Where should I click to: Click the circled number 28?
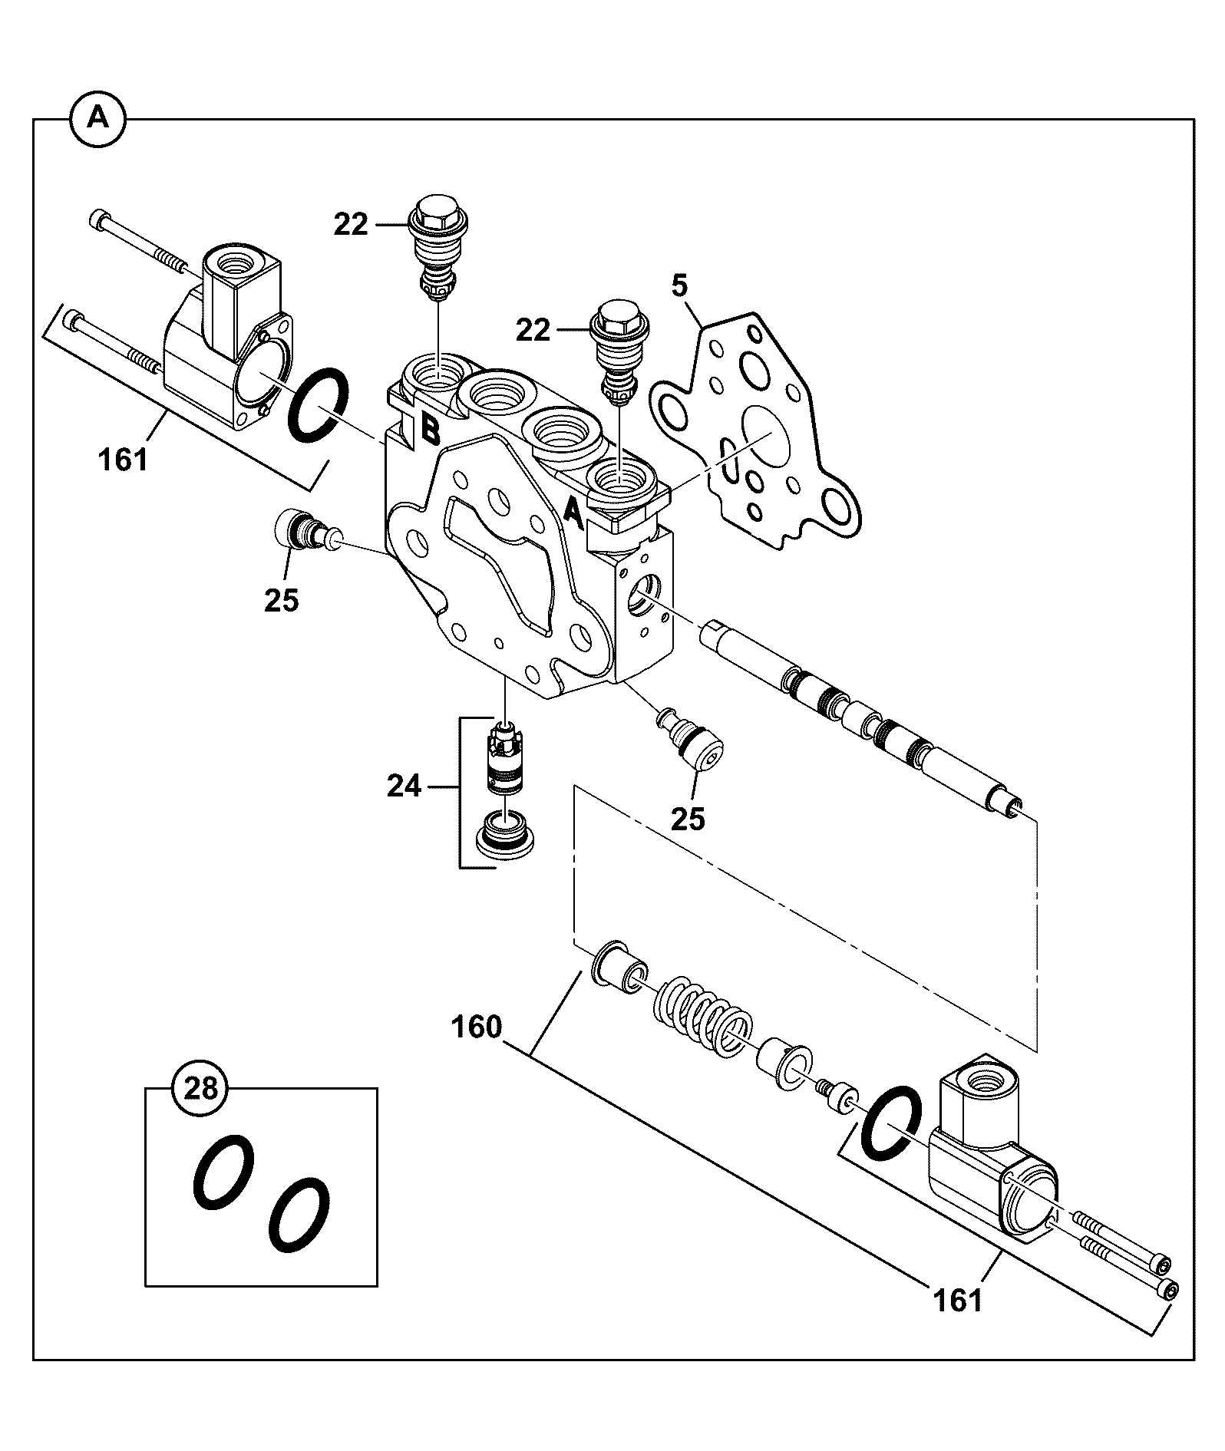point(201,1088)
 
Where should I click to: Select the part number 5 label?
point(680,287)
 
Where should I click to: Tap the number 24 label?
point(404,787)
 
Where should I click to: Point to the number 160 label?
point(477,1027)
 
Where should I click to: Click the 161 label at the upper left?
point(123,460)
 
